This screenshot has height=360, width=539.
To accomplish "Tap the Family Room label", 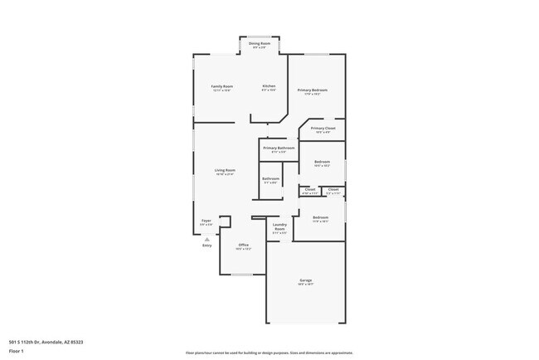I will click(x=221, y=86).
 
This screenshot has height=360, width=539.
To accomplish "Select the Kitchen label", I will click(x=269, y=86).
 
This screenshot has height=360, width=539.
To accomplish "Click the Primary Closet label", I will click(x=323, y=129).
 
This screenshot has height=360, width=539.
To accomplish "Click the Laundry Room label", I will click(x=279, y=226).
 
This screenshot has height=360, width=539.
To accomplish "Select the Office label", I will click(x=243, y=245).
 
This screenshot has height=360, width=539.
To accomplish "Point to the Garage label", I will click(x=306, y=280).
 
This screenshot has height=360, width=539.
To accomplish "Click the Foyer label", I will click(x=206, y=221).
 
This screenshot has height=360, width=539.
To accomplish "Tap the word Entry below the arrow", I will click(x=206, y=246).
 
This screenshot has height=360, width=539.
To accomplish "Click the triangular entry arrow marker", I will click(x=206, y=239).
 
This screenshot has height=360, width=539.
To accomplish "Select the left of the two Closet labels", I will click(x=309, y=189).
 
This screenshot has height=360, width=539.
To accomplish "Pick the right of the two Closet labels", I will click(x=333, y=189).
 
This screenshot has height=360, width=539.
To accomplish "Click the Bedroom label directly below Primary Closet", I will click(x=322, y=162).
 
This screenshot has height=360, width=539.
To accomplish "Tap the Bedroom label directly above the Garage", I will click(x=320, y=217).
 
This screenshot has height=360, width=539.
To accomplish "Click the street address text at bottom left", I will click(x=46, y=342).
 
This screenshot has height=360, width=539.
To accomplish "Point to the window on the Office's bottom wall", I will click(x=242, y=275).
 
